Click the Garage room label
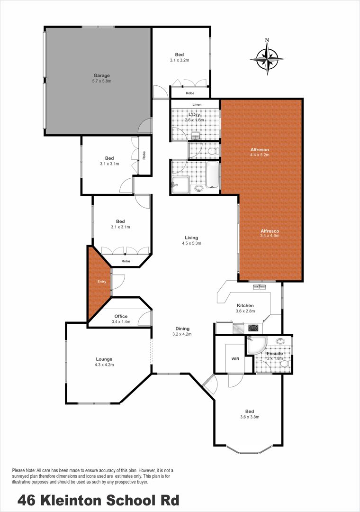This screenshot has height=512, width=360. pos(101,75)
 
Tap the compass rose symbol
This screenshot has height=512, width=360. pos(267,59)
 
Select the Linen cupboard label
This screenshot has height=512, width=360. pos(197,104)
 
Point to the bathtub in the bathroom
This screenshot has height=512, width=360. pos(212,175)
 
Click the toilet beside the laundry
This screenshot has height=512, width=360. pos(214,151)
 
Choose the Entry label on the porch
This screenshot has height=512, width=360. pos(102,282)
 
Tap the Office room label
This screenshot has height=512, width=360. pos(121,316)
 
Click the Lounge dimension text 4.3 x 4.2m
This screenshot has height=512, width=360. pos(104,365)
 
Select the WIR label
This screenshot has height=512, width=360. pos(235,358)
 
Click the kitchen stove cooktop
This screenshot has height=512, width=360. pos(253,327)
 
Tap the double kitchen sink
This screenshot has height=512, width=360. pos(260,287)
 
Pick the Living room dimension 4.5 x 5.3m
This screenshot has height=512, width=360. pos(191,243)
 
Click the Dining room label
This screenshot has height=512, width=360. pos(182,329)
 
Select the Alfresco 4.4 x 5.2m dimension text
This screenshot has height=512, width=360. pos(260,155)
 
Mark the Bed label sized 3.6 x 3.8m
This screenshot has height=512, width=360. pos(250,411)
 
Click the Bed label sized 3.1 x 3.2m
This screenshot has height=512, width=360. pos(179,55)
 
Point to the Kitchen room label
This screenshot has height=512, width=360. pos(245,305)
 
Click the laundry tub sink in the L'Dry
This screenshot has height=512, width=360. pos(196,135)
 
